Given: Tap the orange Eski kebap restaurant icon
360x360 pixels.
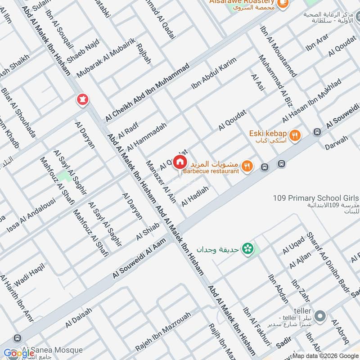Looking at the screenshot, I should [295, 135].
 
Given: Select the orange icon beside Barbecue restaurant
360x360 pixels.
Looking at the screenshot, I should [246, 166].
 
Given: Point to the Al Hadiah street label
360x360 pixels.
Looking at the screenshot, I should [195, 197].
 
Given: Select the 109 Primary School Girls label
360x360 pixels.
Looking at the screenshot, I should [316, 198].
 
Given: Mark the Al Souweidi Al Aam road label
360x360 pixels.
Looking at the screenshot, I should [139, 261].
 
